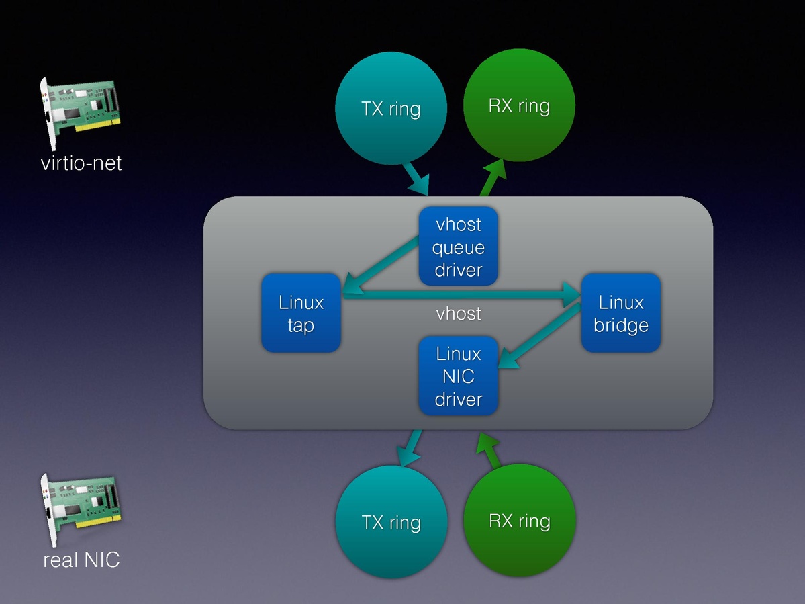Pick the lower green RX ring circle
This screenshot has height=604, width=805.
(x=519, y=521)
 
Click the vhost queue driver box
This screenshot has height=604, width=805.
(x=459, y=246)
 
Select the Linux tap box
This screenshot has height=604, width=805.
(x=301, y=313)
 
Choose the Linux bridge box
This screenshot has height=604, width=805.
(x=620, y=313)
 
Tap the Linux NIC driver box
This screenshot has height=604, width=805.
(x=459, y=376)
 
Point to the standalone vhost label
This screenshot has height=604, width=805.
(x=459, y=314)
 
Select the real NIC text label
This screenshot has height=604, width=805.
(x=81, y=559)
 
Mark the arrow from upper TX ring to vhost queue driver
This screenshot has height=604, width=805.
(x=417, y=178)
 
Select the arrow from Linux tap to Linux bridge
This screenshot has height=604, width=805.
(x=463, y=294)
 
